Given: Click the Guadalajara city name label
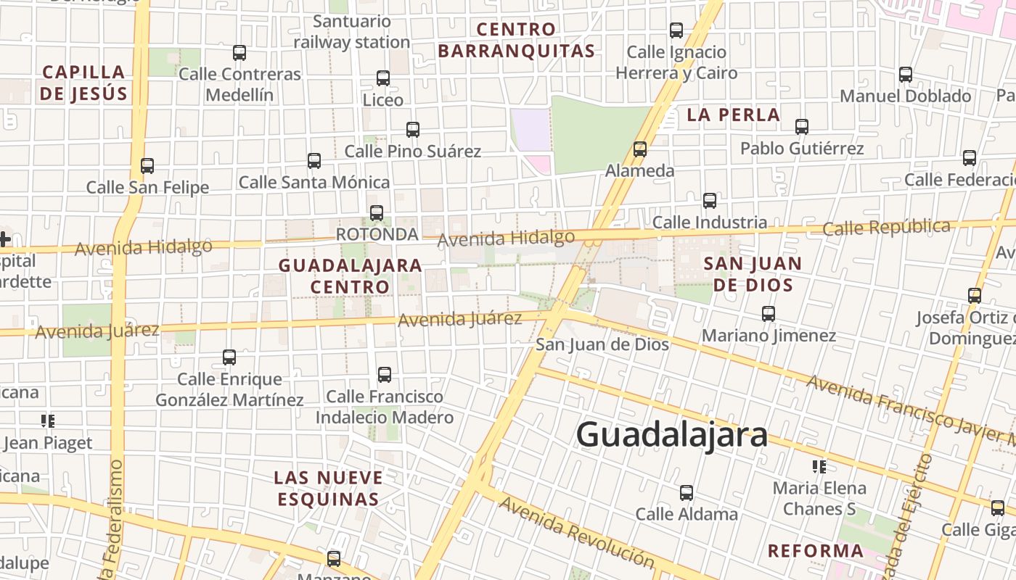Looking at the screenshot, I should click(x=671, y=435).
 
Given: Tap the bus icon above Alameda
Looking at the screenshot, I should click(x=639, y=149).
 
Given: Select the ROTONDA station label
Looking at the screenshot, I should click(x=377, y=234).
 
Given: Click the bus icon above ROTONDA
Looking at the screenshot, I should click(x=376, y=213).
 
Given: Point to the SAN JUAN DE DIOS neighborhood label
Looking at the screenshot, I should click(x=753, y=273).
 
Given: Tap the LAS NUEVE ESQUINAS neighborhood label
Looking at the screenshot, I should click(x=328, y=488).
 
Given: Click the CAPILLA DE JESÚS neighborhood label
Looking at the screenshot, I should click(x=83, y=83).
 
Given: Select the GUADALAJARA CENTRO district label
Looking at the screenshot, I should click(x=351, y=275).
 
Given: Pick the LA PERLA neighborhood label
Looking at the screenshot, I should click(x=733, y=115).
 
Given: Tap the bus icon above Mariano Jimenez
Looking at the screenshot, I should click(x=769, y=314).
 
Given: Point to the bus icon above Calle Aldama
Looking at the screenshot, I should click(x=687, y=493).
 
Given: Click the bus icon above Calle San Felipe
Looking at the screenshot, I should click(x=147, y=166).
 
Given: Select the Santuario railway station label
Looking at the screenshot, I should click(x=352, y=32).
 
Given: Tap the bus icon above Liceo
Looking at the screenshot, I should click(x=383, y=78).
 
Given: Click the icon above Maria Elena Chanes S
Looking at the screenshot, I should click(x=819, y=466).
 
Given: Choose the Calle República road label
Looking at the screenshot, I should click(x=886, y=228).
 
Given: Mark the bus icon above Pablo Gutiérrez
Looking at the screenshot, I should click(x=802, y=127).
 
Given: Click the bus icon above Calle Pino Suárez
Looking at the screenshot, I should click(x=413, y=130).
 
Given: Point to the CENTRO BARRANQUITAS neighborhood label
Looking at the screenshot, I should click(x=516, y=40).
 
